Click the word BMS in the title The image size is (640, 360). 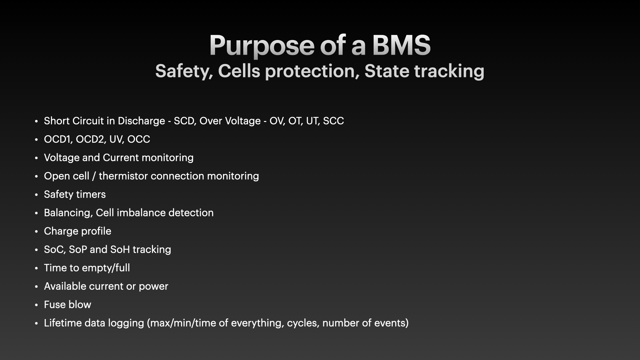coord(401,45)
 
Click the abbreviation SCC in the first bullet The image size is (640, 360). coord(333,121)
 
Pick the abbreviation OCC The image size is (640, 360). coord(139,139)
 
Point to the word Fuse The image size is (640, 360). coord(54,305)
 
